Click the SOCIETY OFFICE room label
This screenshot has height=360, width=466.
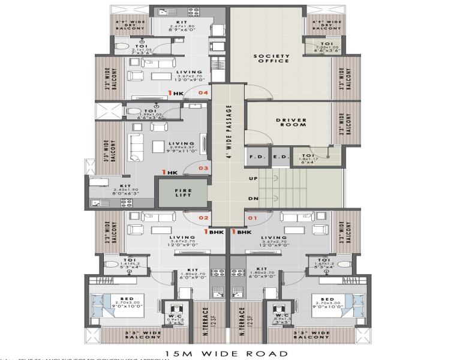coord(271,58)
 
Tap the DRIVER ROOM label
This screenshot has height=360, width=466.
coord(291,122)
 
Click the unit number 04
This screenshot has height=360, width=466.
coord(203,93)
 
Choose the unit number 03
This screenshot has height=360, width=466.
coord(203,168)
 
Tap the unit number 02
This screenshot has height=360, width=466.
coord(203,218)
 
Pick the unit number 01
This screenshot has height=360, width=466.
coord(252,218)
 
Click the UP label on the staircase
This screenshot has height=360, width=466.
coord(252,179)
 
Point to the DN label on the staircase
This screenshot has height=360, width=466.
coord(252,199)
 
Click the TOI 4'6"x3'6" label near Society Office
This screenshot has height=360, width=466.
coord(326,47)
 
